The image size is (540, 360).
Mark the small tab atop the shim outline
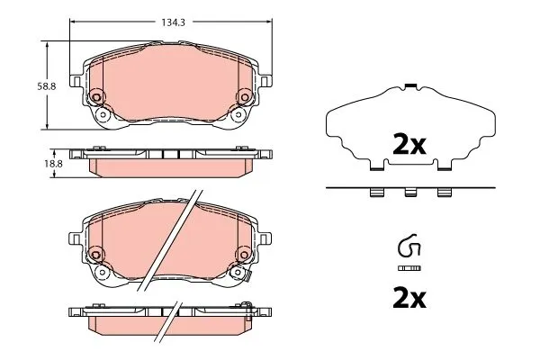(x=410, y=86)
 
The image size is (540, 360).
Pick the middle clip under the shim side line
(x=410, y=192)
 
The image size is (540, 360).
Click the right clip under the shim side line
(x=443, y=192)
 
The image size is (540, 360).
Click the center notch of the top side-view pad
(x=170, y=154)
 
